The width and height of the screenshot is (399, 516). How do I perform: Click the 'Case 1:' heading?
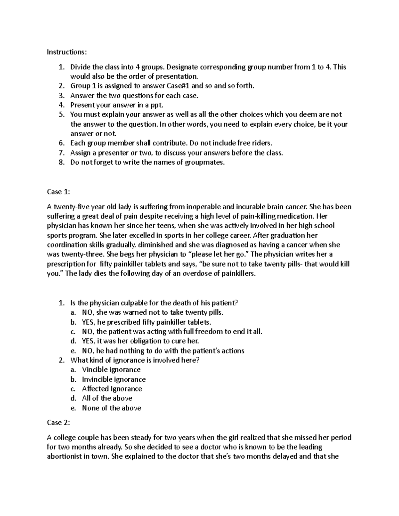pyautogui.click(x=59, y=192)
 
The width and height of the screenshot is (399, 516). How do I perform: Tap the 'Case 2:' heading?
pyautogui.click(x=59, y=423)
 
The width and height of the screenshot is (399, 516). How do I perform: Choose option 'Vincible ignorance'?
pyautogui.click(x=111, y=369)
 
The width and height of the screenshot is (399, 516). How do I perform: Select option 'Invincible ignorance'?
pyautogui.click(x=114, y=379)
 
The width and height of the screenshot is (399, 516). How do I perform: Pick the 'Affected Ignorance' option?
pyautogui.click(x=112, y=389)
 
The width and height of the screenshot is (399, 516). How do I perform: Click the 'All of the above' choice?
pyautogui.click(x=107, y=398)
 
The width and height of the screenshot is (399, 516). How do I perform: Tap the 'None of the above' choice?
pyautogui.click(x=111, y=408)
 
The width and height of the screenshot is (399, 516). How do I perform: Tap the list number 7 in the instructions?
pyautogui.click(x=61, y=153)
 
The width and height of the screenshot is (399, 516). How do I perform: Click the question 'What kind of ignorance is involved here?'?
pyautogui.click(x=135, y=360)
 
